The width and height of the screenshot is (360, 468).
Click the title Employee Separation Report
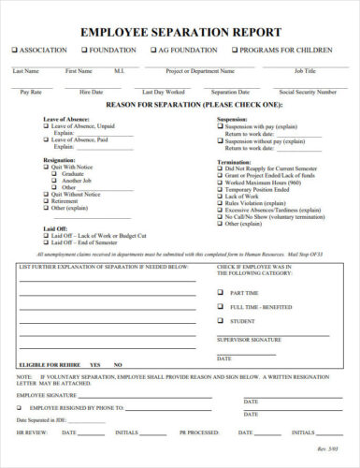pyautogui.click(x=180, y=32)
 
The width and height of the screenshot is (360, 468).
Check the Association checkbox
pyautogui.click(x=15, y=50)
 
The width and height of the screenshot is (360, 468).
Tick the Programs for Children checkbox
pyautogui.click(x=234, y=50)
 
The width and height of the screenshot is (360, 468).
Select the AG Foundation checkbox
pyautogui.click(x=152, y=50)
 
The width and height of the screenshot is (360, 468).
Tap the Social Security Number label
pyautogui.click(x=307, y=93)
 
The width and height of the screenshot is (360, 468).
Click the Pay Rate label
pyautogui.click(x=31, y=93)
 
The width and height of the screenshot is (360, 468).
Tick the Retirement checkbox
pyautogui.click(x=46, y=200)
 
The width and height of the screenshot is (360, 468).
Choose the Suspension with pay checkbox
pyautogui.click(x=220, y=126)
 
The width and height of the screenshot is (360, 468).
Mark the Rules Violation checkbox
pyautogui.click(x=220, y=202)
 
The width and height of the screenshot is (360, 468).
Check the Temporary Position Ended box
pyautogui.click(x=220, y=189)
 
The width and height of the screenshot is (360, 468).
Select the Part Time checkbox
pyautogui.click(x=223, y=293)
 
